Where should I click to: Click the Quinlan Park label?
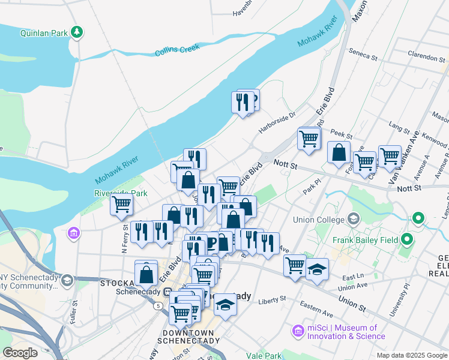click(x=43, y=33)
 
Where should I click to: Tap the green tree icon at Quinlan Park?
click(x=76, y=32)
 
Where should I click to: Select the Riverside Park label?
click(x=121, y=193)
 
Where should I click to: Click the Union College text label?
click(x=318, y=219)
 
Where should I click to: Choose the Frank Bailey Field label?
click(x=366, y=241)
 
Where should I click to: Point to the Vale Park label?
click(x=264, y=356)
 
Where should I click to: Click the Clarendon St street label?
click(x=427, y=58)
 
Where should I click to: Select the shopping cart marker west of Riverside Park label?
click(x=121, y=205)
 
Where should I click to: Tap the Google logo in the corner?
click(x=20, y=353)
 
